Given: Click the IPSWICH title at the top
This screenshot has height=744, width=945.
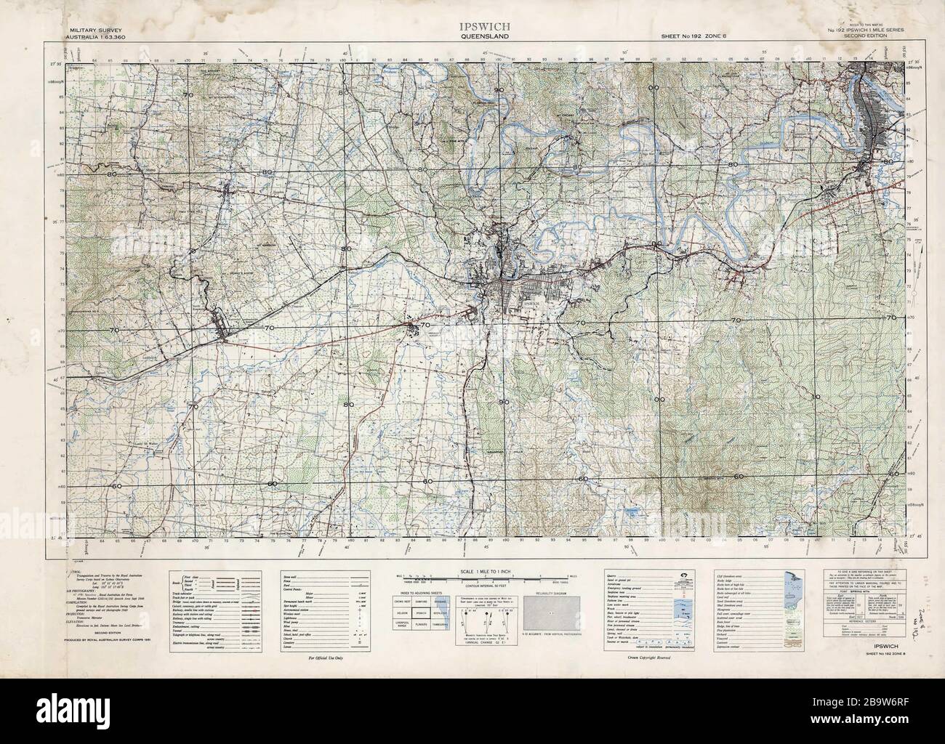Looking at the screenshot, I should pos(473,26).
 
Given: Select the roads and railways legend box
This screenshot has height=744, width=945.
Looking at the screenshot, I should pos(225,610).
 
